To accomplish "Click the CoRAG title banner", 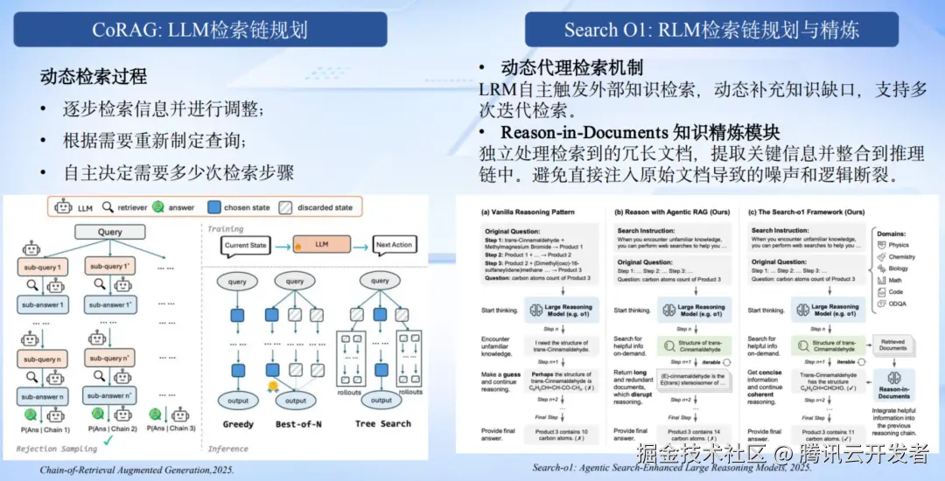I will pos(199,30).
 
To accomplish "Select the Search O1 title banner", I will pos(711,30).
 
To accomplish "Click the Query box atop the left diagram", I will pos(109,233).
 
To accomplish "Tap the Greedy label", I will pos(238,424).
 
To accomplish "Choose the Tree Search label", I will pos(383,424).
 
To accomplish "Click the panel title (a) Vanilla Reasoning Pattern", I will pos(528,212).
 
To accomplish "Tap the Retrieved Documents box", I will pos(893,345).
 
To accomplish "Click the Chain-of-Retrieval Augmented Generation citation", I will pos(137,470).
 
